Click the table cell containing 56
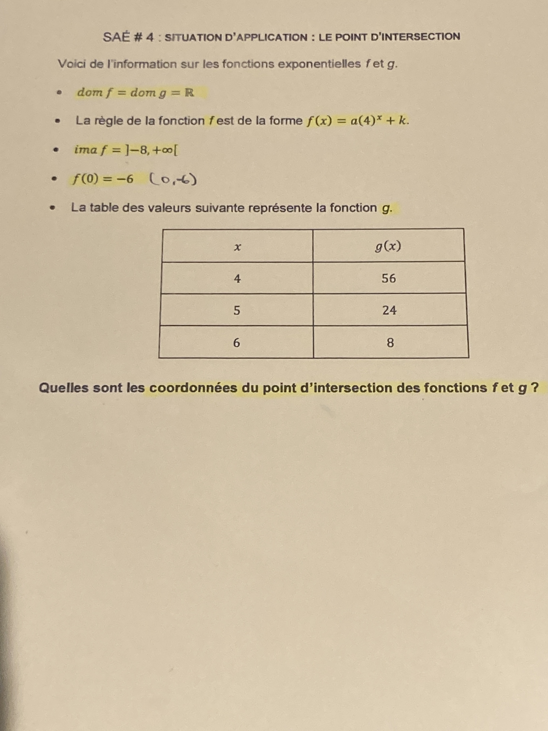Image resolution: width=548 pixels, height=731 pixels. [x=389, y=278]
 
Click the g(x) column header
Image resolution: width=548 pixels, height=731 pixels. [x=388, y=246]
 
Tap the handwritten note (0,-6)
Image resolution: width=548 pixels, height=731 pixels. [x=173, y=179]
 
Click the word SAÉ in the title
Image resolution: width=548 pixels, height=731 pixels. [x=116, y=37]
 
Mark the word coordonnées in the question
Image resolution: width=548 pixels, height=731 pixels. [x=193, y=388]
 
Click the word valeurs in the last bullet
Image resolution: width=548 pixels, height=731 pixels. [x=169, y=208]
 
